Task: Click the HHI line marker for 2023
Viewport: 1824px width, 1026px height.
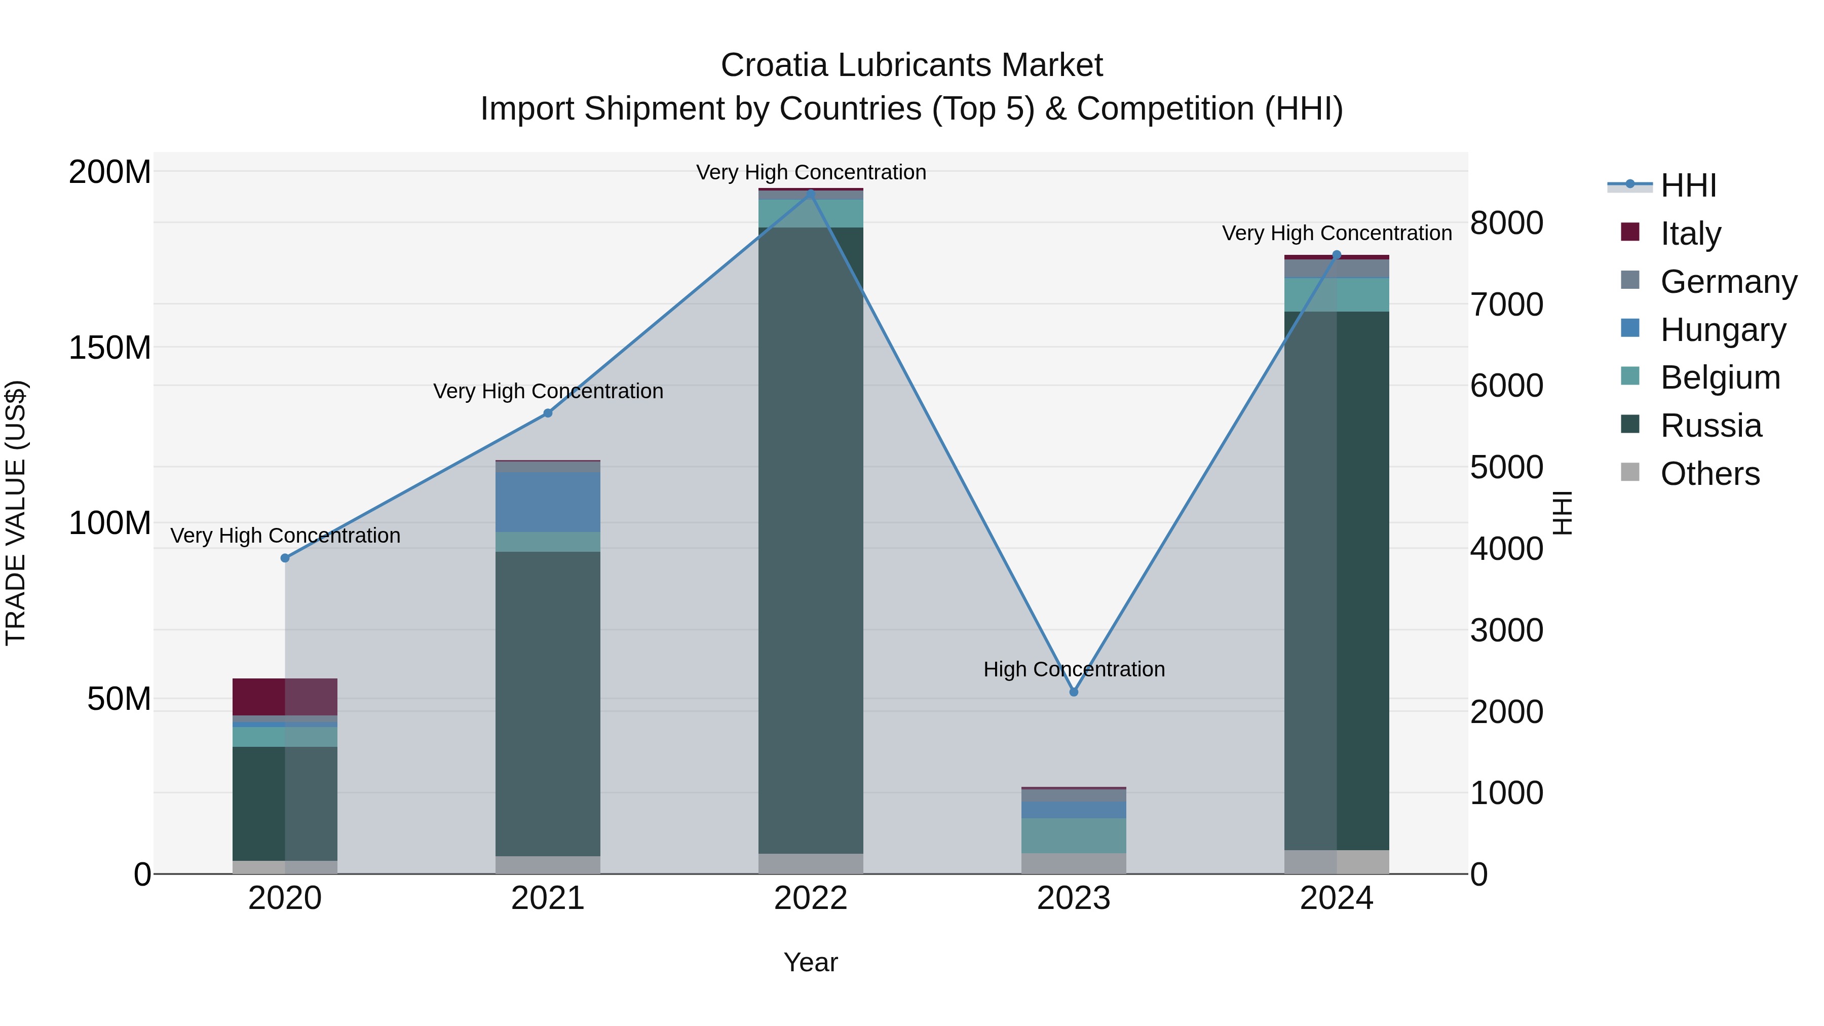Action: [1074, 692]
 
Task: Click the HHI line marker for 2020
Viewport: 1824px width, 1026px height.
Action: [285, 558]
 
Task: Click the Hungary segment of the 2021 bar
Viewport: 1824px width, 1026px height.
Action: [547, 501]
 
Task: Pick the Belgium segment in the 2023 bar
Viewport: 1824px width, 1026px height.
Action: [1074, 835]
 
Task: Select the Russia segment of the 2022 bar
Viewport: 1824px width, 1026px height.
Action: [811, 538]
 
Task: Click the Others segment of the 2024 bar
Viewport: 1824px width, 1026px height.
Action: [1336, 862]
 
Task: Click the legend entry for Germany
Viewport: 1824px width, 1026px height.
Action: [1728, 282]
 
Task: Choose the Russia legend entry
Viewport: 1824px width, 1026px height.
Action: [1711, 426]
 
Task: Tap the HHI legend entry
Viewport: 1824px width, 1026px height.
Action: [1688, 185]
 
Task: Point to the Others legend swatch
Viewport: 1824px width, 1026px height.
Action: [1630, 472]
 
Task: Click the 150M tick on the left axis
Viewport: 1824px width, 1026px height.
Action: [110, 348]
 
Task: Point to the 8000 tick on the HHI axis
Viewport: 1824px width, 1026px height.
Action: [1506, 223]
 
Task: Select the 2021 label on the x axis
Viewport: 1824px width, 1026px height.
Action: [547, 898]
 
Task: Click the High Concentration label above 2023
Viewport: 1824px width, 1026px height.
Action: [1074, 669]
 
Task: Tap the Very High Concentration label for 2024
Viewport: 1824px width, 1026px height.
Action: [1336, 233]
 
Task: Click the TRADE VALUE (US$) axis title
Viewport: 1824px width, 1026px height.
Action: [16, 513]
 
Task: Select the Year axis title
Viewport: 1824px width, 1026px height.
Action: [811, 962]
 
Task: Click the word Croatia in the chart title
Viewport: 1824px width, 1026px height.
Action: [774, 65]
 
